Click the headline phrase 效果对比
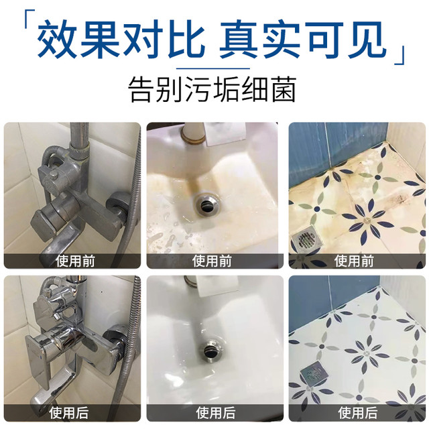click(x=121, y=39)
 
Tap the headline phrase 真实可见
click(x=303, y=39)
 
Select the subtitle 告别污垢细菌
click(x=212, y=89)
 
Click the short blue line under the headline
click(x=213, y=68)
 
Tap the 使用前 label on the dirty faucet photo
click(x=75, y=261)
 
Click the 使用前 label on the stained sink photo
click(x=212, y=261)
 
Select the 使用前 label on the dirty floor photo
click(x=354, y=261)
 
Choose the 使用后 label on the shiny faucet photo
click(x=69, y=413)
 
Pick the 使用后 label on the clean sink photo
click(x=216, y=413)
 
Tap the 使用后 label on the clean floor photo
click(x=358, y=413)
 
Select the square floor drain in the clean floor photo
click(x=314, y=371)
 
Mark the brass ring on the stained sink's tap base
click(x=194, y=139)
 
